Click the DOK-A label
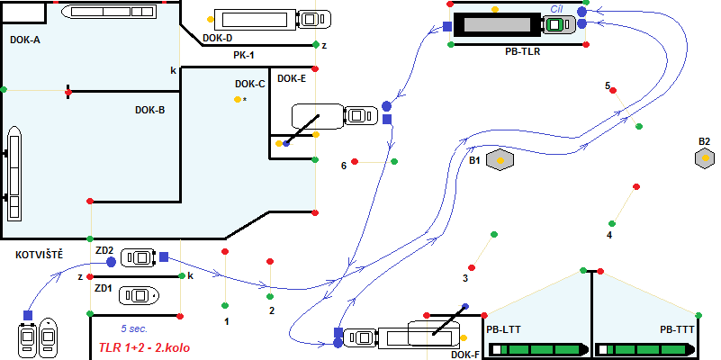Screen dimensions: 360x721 click(25, 40)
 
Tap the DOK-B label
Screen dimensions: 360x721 click(149, 110)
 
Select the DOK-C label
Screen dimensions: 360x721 click(249, 84)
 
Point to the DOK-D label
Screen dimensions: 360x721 click(218, 38)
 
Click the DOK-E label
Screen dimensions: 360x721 click(292, 78)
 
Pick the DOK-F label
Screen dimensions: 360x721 click(465, 355)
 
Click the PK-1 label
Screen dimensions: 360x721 click(244, 56)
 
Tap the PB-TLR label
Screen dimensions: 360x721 click(523, 52)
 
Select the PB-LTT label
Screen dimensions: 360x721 click(504, 329)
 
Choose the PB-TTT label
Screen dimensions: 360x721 click(677, 329)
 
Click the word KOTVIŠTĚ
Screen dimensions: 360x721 click(39, 255)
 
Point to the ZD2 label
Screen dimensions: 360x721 click(104, 250)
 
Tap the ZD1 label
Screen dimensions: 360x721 click(104, 288)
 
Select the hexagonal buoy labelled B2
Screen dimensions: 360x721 click(705, 157)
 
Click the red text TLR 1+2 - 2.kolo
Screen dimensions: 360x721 click(144, 346)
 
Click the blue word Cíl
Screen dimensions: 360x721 click(557, 7)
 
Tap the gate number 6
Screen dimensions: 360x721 click(343, 166)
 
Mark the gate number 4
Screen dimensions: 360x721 click(609, 235)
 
